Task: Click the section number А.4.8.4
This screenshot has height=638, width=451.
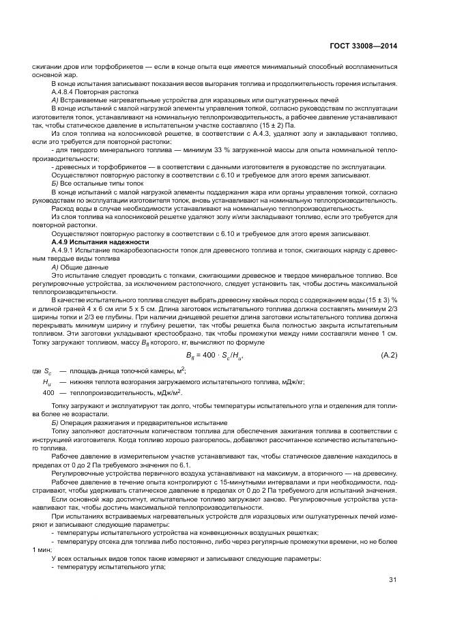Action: pyautogui.click(x=63, y=91)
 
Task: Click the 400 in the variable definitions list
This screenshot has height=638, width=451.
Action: pyautogui.click(x=48, y=393)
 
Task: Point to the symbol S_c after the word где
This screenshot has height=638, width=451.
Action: pyautogui.click(x=48, y=371)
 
